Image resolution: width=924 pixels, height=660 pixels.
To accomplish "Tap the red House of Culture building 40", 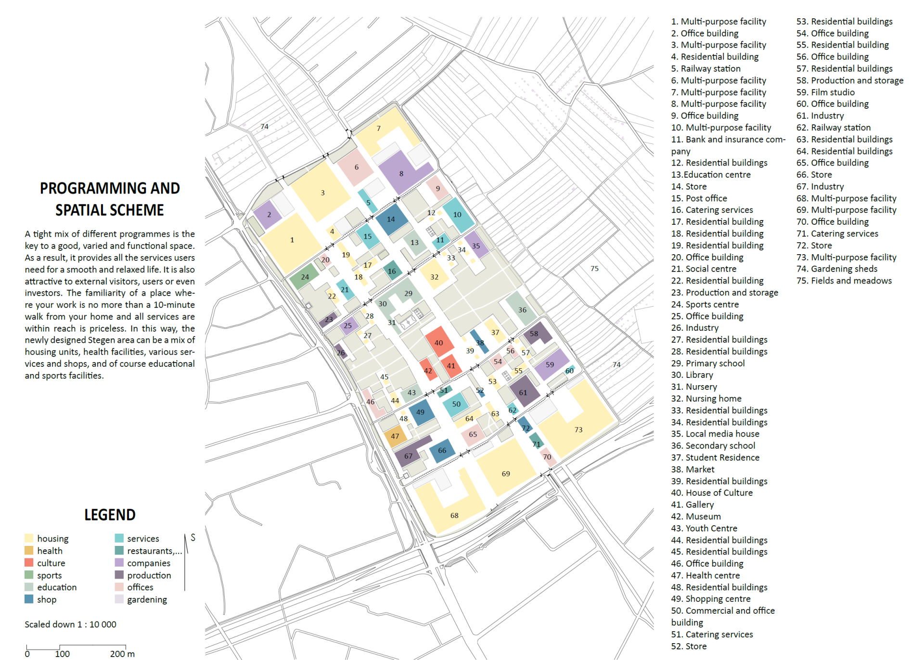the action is click(x=439, y=341).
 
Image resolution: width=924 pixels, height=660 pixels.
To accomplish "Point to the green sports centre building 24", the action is click(x=304, y=276).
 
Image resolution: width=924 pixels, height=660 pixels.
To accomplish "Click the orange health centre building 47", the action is click(x=395, y=436).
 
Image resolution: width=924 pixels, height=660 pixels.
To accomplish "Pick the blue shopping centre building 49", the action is click(x=422, y=412).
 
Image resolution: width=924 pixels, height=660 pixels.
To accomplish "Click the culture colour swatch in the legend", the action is click(x=29, y=563).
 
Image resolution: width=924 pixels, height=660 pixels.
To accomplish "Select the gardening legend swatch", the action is click(x=119, y=599).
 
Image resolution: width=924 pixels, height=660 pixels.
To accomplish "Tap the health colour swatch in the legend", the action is click(x=29, y=550).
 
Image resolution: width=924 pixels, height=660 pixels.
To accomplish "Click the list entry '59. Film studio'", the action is click(x=825, y=92).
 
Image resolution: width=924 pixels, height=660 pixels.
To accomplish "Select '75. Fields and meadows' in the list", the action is click(x=844, y=281).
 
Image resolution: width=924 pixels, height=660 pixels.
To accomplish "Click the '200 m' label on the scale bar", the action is click(x=122, y=654).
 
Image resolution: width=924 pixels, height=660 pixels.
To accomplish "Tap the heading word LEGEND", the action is click(x=110, y=515).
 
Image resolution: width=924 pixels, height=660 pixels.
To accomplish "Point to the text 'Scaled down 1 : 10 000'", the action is click(x=70, y=624).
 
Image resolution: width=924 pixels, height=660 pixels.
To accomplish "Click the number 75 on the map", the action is click(x=595, y=269).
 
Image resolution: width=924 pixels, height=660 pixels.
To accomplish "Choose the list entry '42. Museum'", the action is click(x=696, y=517).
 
